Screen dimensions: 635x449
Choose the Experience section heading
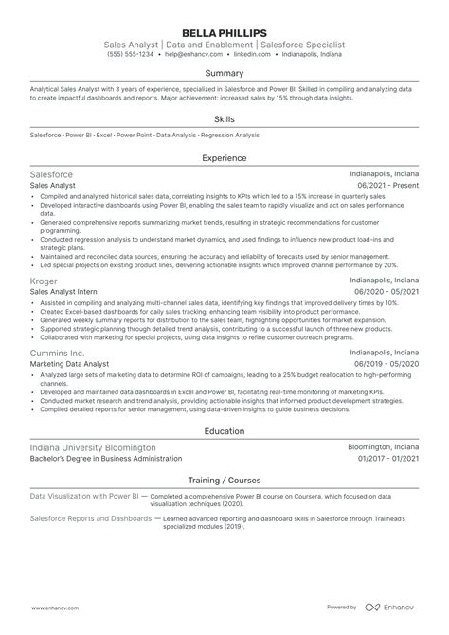[x=224, y=159]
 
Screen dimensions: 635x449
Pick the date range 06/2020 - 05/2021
[x=386, y=293]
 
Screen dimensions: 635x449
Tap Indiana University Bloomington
[x=93, y=446]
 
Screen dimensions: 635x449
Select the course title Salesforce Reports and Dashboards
[x=89, y=518]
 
